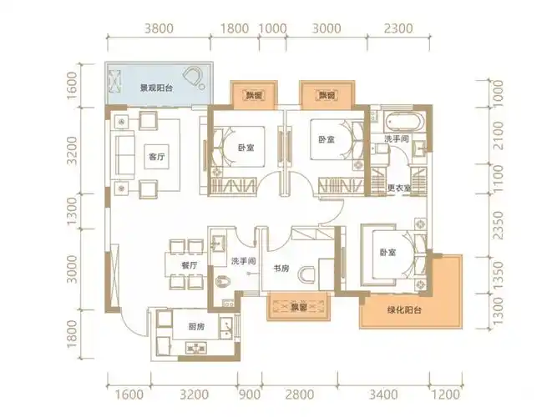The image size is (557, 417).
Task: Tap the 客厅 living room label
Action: coord(155,156)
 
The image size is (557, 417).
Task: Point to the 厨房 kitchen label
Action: coord(195,327)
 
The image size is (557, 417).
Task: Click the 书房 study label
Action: coord(281,269)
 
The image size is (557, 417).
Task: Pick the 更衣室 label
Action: coord(398,188)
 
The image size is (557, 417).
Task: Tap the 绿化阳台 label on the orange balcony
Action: coord(404,310)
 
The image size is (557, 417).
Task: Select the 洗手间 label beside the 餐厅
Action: coord(242,261)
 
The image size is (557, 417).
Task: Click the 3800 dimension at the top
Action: coord(159,28)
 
